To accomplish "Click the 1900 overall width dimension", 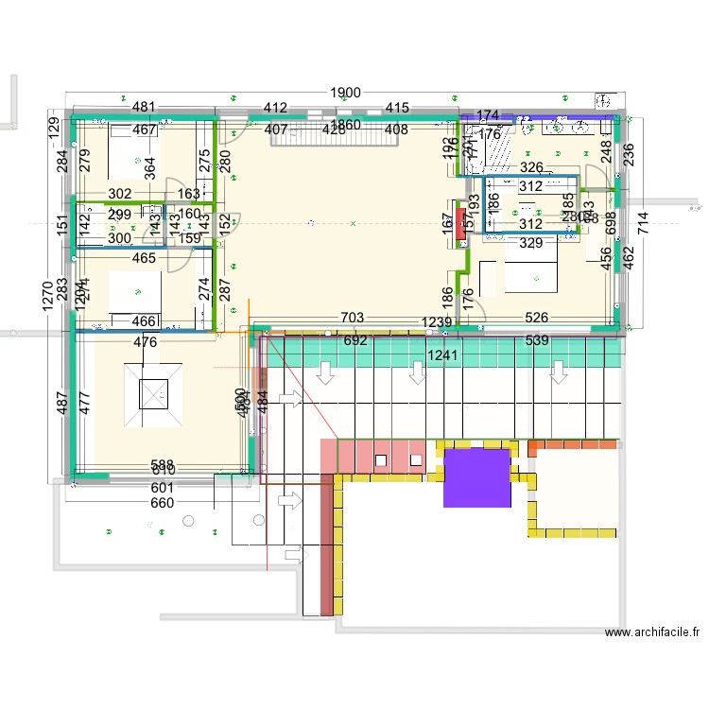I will pyautogui.click(x=345, y=93).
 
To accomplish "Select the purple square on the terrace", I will pyautogui.click(x=477, y=477).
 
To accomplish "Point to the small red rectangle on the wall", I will pyautogui.click(x=460, y=224).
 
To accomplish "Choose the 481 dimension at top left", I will pyautogui.click(x=144, y=108).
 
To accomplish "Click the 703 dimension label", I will pyautogui.click(x=352, y=319).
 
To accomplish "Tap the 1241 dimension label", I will pyautogui.click(x=441, y=355).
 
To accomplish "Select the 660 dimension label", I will pyautogui.click(x=164, y=503).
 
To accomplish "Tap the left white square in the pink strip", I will pyautogui.click(x=380, y=459).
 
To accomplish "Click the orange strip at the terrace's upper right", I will pyautogui.click(x=572, y=444).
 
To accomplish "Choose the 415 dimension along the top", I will pyautogui.click(x=397, y=108).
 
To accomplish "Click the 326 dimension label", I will pyautogui.click(x=531, y=167).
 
